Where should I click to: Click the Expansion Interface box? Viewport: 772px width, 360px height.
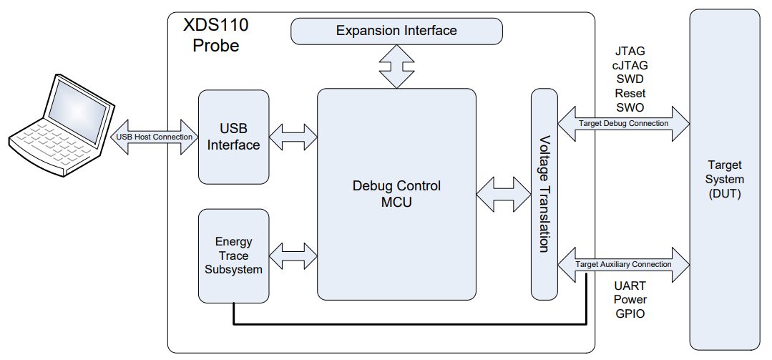point(396,31)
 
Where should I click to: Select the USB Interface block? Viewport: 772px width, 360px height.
point(233,137)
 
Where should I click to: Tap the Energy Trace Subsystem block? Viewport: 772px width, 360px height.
point(233,256)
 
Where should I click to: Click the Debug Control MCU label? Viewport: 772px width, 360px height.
point(396,194)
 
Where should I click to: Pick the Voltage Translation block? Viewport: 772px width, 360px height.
point(544,194)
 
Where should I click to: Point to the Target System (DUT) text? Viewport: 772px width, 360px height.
point(725,180)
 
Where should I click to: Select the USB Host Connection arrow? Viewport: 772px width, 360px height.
point(154,137)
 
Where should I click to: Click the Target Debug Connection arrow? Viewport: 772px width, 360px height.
point(622,123)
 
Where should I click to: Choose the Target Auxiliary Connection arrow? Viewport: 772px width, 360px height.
point(622,264)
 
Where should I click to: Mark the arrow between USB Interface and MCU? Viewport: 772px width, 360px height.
point(293,137)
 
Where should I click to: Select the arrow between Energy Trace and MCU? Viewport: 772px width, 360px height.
point(293,256)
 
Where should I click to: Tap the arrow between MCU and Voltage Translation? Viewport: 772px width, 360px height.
point(504,194)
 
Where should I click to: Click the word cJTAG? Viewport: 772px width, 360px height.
point(630,65)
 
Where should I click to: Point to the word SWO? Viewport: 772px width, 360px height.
point(630,107)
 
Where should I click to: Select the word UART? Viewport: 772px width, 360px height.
point(630,286)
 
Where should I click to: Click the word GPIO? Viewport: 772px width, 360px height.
point(630,313)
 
